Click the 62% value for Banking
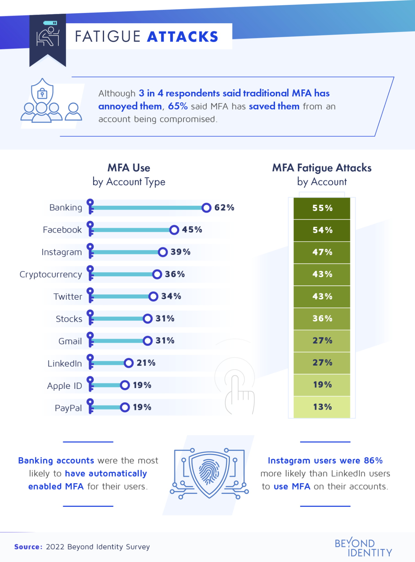[224, 207]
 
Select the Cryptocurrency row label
[51, 274]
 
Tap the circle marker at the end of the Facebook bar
[174, 230]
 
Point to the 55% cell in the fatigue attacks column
[322, 208]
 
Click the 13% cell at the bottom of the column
[322, 407]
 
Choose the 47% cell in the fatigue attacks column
[322, 252]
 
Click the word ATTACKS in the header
[183, 37]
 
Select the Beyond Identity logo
[363, 547]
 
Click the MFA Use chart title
[129, 168]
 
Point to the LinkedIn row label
[65, 364]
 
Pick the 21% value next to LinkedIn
[146, 363]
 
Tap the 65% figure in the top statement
[178, 106]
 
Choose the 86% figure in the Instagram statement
[373, 461]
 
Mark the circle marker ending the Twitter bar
[153, 296]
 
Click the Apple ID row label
[64, 386]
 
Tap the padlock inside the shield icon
[42, 93]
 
